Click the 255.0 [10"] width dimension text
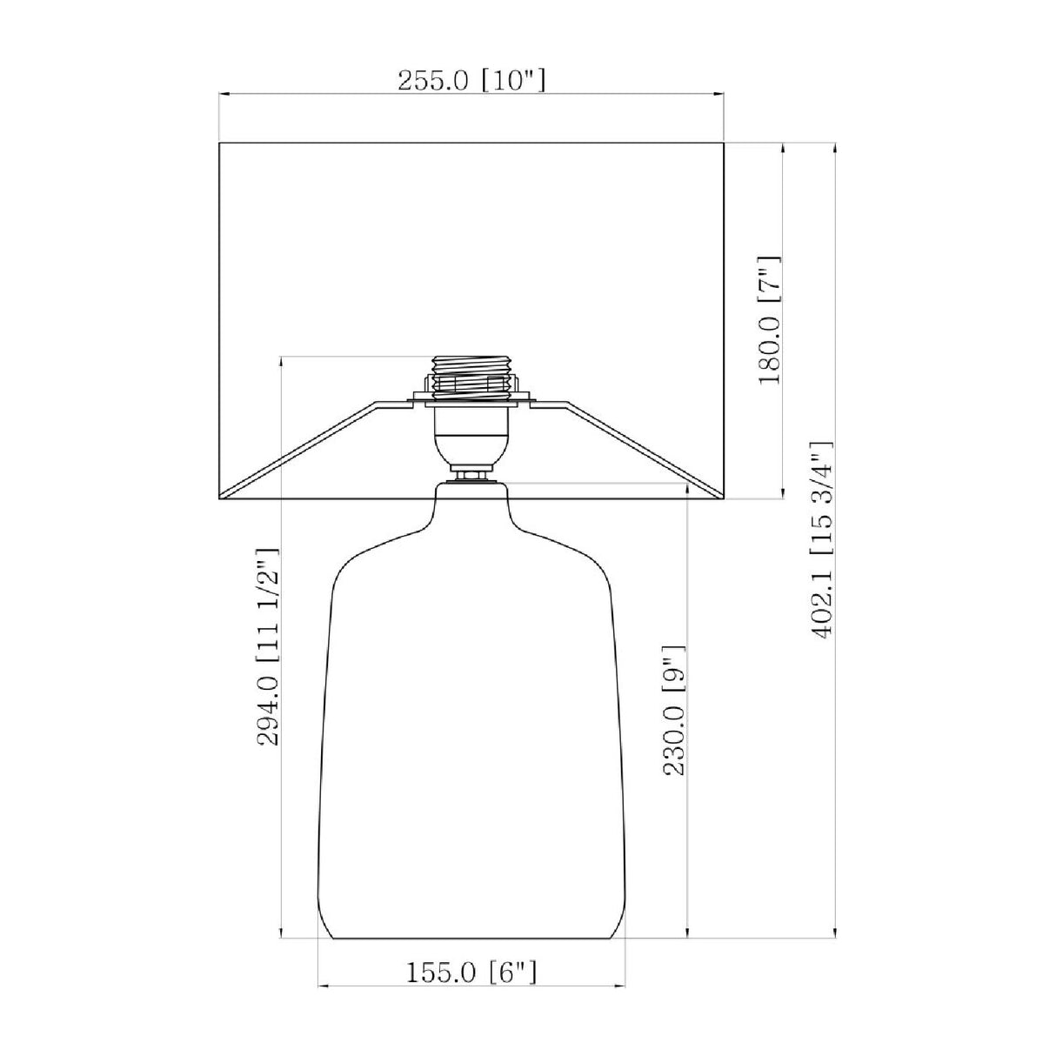(471, 81)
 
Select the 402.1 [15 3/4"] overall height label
(822, 540)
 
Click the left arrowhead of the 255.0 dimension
(224, 94)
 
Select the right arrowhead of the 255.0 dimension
(718, 94)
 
